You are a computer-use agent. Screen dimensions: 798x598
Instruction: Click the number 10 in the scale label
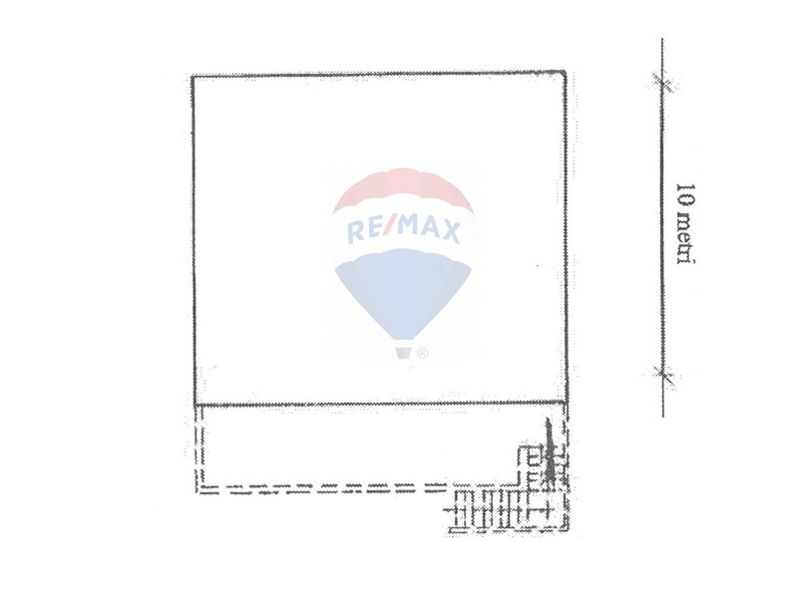click(x=685, y=193)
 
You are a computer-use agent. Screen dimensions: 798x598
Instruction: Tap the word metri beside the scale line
click(x=685, y=237)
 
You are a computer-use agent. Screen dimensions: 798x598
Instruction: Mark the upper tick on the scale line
click(x=662, y=82)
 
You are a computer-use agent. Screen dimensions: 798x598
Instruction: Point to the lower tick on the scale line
click(x=662, y=376)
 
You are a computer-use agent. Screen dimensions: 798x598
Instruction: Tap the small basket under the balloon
click(x=403, y=353)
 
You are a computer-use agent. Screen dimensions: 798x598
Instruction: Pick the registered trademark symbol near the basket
click(x=422, y=353)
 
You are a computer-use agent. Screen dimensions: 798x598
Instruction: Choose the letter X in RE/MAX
click(x=449, y=231)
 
